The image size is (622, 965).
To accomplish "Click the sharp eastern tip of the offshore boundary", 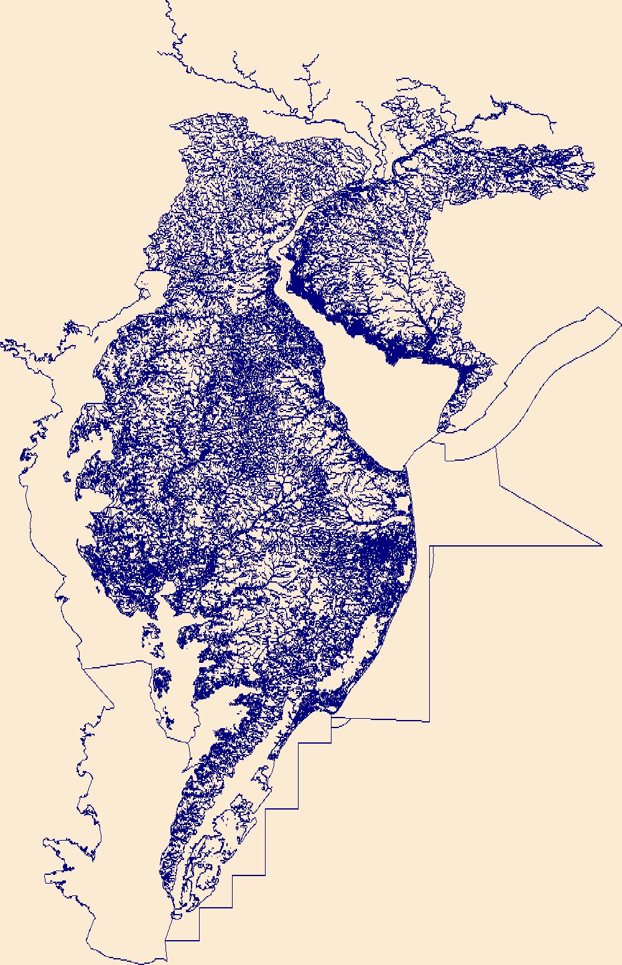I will (x=601, y=545).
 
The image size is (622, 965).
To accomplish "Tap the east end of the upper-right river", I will (x=553, y=132).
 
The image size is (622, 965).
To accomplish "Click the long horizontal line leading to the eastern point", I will (x=516, y=546).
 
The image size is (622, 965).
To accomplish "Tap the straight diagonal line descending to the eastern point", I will (x=550, y=516).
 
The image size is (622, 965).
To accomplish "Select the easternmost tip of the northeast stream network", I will (x=593, y=167).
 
